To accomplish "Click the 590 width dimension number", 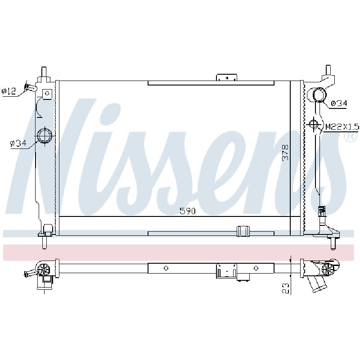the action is pyautogui.click(x=187, y=211).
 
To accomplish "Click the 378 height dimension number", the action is pyautogui.click(x=285, y=153).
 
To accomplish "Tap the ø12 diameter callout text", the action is pyautogui.click(x=9, y=91).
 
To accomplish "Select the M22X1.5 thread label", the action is pyautogui.click(x=342, y=126).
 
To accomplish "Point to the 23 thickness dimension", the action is pyautogui.click(x=285, y=288).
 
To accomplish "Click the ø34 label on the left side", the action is pyautogui.click(x=18, y=144).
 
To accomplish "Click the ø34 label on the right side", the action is pyautogui.click(x=339, y=103).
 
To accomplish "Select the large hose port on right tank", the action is pyautogui.click(x=319, y=94).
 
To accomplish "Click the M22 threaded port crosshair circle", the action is pyautogui.click(x=313, y=124).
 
